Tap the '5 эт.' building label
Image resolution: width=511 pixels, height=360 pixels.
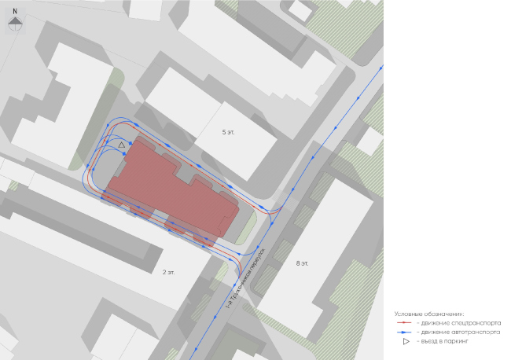[x=230, y=132]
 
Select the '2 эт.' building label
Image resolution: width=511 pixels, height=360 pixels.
[x=169, y=272]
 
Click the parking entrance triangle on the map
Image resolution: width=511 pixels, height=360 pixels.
[x=121, y=145]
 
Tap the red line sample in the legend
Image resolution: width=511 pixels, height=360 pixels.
[x=405, y=322]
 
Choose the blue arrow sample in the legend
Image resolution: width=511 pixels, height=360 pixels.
[x=405, y=332]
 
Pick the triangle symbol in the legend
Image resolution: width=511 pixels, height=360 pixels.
[x=406, y=341]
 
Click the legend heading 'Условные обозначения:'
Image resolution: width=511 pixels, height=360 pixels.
[x=430, y=313]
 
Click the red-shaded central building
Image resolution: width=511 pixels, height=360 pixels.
[x=173, y=189]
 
